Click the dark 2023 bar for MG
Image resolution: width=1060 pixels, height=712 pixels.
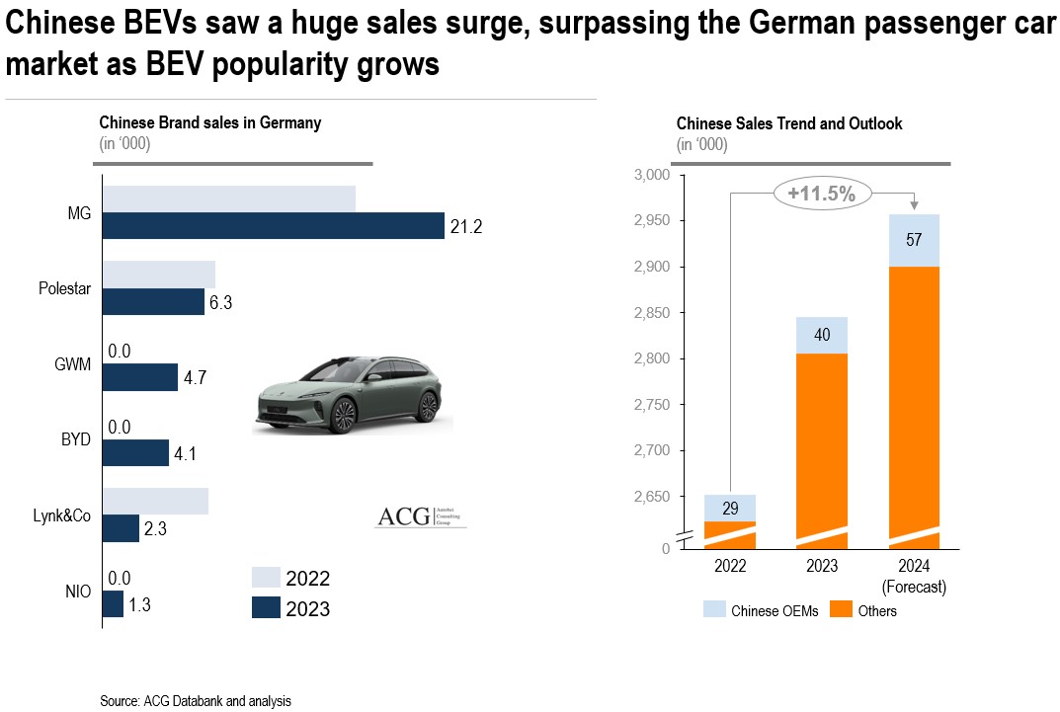coord(274,226)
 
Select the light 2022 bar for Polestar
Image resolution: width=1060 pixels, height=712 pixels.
coord(159,275)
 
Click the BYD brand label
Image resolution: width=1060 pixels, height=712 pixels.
coord(74,439)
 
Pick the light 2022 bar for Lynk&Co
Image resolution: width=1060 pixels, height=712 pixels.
coord(155,501)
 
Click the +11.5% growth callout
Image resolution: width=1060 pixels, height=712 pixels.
coord(821,194)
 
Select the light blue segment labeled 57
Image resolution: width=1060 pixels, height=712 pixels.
coord(913,240)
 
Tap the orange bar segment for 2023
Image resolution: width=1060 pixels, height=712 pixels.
coord(821,444)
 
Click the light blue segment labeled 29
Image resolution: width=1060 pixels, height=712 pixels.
coord(730,508)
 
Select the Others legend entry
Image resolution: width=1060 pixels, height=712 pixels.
coord(864,611)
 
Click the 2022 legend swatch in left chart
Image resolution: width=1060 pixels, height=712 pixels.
coord(266,579)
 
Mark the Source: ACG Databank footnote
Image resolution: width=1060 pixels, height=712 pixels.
coord(196,701)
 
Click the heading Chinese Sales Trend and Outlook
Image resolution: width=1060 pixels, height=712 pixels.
coord(789,124)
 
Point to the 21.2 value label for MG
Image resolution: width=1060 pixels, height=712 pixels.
coord(465,228)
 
